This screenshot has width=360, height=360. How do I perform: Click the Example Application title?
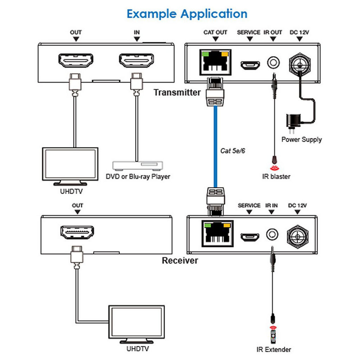(x=187, y=14)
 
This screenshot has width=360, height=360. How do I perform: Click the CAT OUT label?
(x=216, y=32)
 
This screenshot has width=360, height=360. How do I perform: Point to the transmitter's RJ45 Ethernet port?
(x=216, y=62)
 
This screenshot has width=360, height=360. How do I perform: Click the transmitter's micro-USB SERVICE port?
(x=250, y=65)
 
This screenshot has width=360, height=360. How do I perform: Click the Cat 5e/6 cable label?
(x=232, y=151)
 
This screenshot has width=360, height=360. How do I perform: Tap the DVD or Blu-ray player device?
(x=138, y=165)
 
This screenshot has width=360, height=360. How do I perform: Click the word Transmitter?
(x=177, y=92)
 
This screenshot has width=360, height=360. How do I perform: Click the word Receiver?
(x=180, y=261)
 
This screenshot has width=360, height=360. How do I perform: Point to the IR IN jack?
(x=271, y=234)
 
